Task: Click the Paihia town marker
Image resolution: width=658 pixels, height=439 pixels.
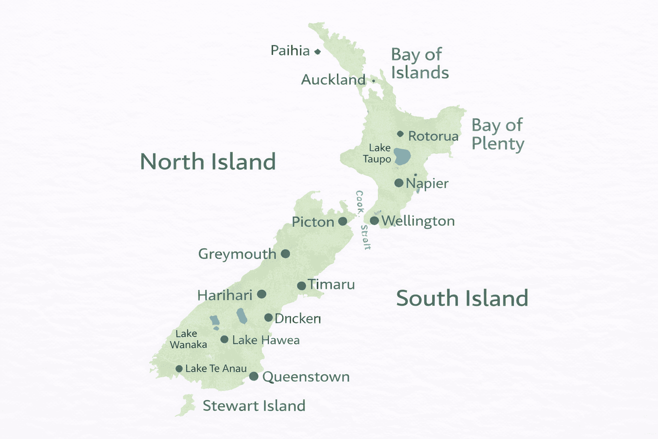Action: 317,52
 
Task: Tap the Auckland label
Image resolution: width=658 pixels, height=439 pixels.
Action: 333,80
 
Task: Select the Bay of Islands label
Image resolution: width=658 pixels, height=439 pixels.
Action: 419,64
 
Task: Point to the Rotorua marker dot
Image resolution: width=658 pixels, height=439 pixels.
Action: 400,134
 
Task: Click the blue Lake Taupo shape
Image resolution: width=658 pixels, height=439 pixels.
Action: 402,156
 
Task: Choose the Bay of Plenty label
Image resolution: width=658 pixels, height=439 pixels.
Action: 497,135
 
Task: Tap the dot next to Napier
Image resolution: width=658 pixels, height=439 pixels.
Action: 398,183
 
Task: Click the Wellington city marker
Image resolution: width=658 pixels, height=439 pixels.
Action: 374,221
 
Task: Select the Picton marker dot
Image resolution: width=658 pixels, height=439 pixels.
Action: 343,221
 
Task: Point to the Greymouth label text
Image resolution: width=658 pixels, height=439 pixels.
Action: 237,254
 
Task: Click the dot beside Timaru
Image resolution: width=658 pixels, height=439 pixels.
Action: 302,286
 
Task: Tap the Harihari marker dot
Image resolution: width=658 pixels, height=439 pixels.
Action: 262,294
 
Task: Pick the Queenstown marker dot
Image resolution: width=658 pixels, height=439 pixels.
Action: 254,376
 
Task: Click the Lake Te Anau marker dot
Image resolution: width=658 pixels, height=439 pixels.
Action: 179,369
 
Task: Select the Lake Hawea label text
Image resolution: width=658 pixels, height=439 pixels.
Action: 266,340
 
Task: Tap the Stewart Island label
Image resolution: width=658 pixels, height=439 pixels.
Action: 254,406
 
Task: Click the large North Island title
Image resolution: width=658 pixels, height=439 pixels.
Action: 208,162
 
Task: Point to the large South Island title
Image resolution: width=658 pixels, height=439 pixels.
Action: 462,298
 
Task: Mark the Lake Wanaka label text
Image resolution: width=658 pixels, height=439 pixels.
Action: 188,339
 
